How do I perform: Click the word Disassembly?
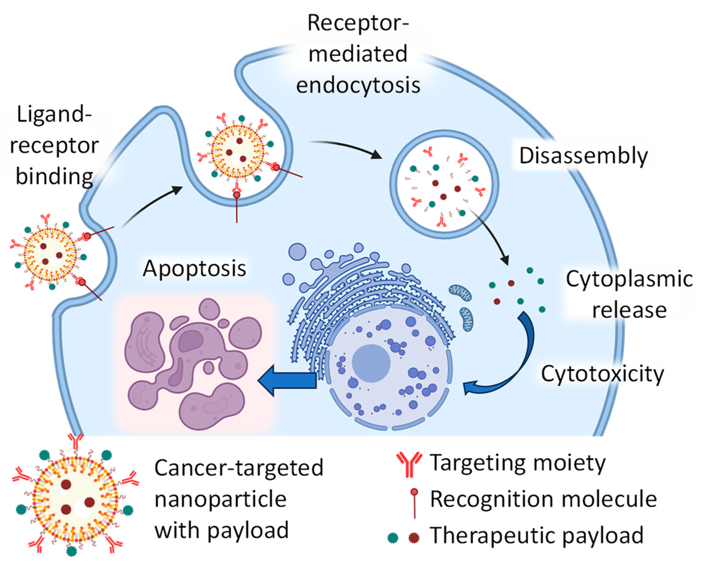point(583,156)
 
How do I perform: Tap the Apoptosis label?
point(194,269)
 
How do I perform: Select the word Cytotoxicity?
point(602,374)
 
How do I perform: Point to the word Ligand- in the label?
point(54,115)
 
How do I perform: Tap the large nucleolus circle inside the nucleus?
point(371,363)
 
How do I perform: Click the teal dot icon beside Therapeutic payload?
point(393,538)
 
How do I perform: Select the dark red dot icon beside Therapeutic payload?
point(414,538)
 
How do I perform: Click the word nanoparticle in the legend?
point(221,500)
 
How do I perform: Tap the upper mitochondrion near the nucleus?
point(460,292)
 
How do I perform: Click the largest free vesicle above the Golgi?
point(297,252)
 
